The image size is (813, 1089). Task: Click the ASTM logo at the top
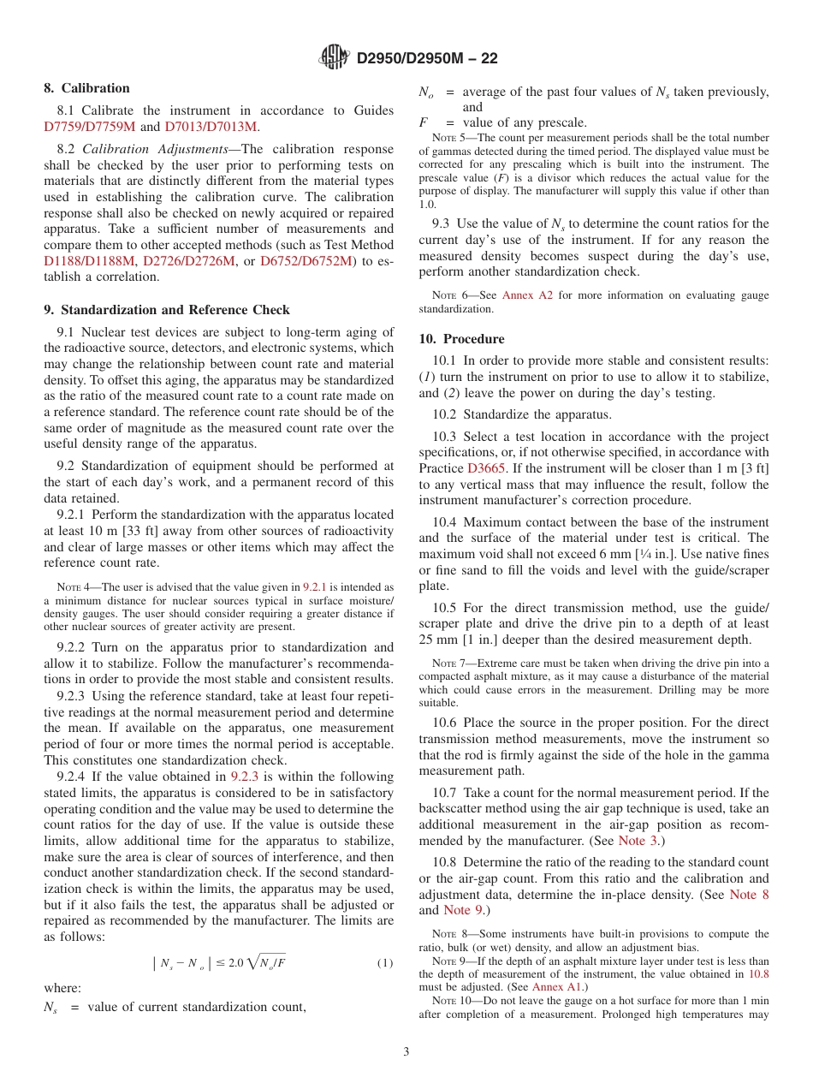[335, 57]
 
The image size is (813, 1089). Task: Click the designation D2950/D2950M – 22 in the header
[427, 58]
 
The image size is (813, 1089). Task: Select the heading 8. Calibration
[87, 88]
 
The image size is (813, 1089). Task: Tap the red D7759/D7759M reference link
[90, 127]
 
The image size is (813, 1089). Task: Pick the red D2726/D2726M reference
[188, 261]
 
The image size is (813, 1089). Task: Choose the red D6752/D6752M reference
[306, 261]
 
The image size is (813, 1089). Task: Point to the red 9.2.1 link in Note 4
[314, 587]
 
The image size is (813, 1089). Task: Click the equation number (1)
[385, 963]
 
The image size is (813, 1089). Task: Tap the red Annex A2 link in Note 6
[529, 295]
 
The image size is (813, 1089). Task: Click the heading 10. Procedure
[461, 339]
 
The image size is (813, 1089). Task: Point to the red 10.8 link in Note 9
[758, 973]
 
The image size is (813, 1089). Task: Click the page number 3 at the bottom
[406, 1052]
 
